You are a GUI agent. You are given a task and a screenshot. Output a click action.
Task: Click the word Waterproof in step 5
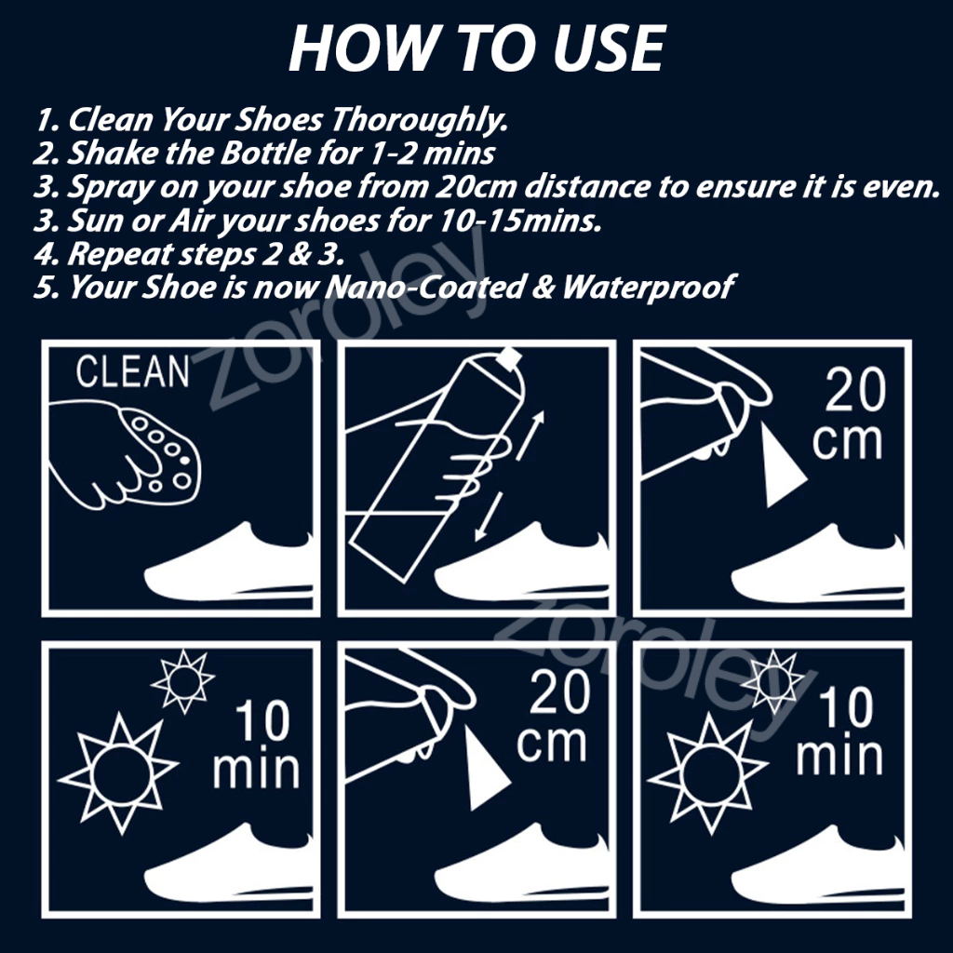[x=649, y=287]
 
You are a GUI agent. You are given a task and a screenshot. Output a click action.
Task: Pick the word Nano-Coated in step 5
[x=424, y=287]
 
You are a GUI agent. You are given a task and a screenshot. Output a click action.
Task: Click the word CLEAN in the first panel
[x=132, y=371]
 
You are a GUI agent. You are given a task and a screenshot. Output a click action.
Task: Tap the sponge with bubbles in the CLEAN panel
[x=159, y=456]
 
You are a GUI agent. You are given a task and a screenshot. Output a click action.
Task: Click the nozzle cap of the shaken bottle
[x=509, y=358]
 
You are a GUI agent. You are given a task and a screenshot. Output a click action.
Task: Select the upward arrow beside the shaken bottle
[x=530, y=436]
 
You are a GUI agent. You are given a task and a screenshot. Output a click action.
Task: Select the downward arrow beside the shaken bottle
[x=489, y=517]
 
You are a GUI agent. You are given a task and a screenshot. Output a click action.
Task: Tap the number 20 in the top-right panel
[x=855, y=391]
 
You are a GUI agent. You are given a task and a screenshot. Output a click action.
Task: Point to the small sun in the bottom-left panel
[x=183, y=681]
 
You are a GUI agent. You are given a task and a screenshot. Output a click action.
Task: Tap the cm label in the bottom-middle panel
[x=551, y=745]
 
